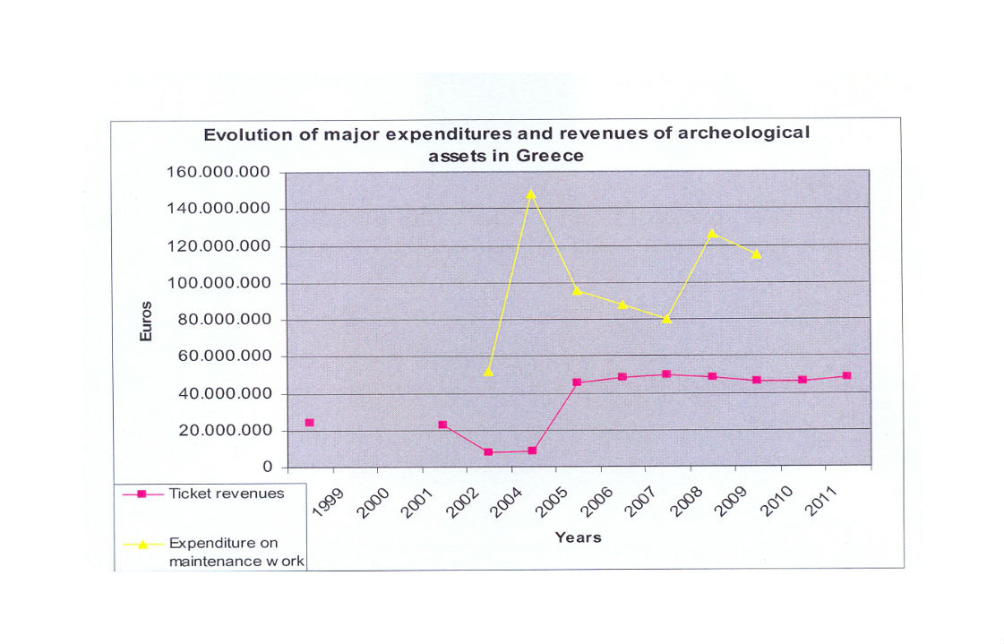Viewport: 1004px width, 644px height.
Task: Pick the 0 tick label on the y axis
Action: point(266,468)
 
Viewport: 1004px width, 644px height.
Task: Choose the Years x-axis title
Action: point(578,537)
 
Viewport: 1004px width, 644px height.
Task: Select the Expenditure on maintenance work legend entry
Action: point(236,552)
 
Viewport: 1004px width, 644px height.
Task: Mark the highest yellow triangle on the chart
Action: point(531,193)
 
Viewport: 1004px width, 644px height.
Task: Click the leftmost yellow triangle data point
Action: point(488,371)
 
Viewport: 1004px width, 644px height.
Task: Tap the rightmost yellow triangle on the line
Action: point(757,253)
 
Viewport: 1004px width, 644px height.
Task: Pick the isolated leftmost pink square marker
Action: point(309,422)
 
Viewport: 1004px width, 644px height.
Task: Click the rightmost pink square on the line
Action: point(846,375)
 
